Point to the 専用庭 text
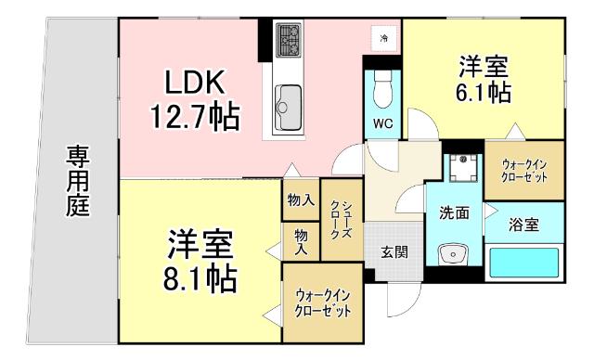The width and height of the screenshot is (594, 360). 77,181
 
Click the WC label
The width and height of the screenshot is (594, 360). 381,122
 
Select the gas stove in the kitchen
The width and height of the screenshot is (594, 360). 289,39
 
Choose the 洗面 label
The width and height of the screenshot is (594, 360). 454,212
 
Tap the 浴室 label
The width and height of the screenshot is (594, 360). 524,224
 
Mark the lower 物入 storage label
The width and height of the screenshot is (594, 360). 301,241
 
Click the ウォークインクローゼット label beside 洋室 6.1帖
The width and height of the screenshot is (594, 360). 525,168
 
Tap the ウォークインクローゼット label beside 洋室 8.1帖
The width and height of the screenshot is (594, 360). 323,302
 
